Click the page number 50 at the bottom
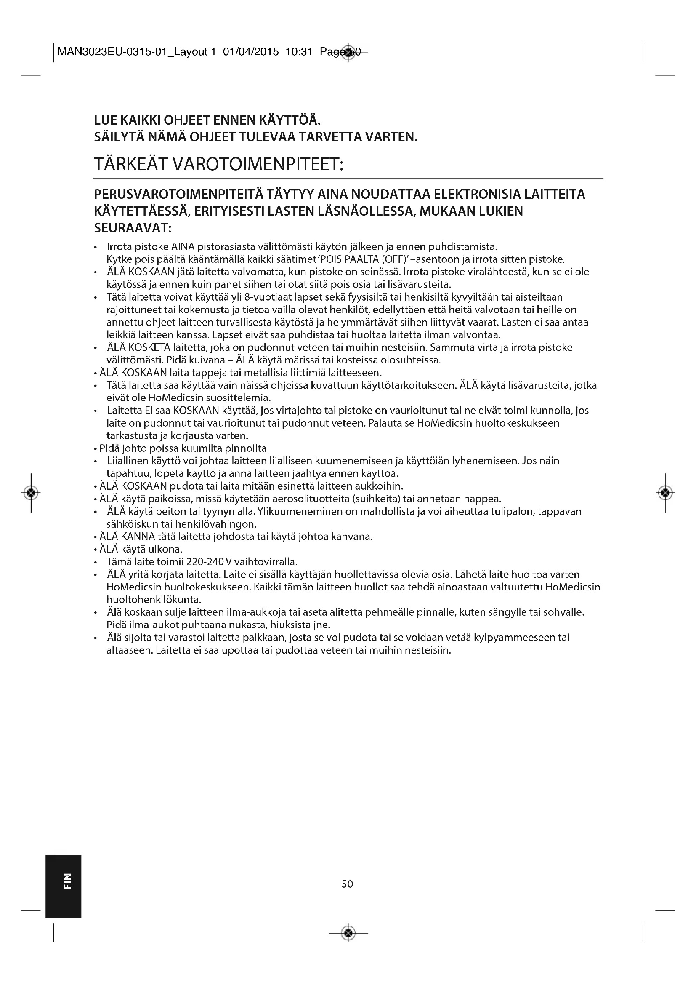point(347,884)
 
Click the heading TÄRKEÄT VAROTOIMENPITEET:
point(218,164)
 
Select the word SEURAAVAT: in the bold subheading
point(133,228)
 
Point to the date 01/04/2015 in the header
point(251,52)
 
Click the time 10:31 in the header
point(299,52)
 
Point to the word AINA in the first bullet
point(183,247)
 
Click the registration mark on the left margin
point(31,493)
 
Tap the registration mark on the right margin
point(665,493)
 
